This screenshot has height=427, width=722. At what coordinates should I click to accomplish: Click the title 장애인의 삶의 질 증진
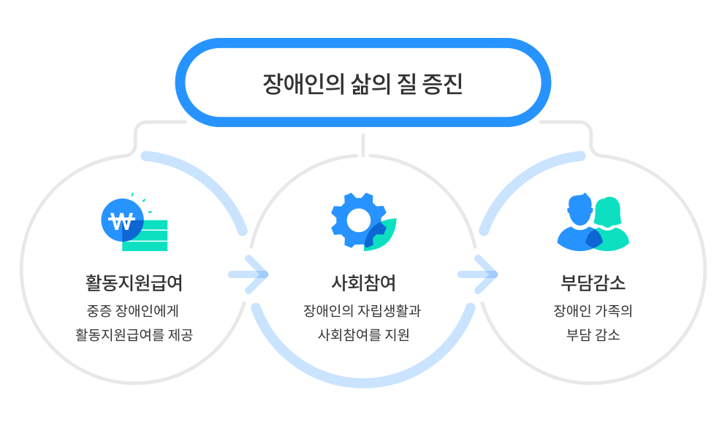point(362,83)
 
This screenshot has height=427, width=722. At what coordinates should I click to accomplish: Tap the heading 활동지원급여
point(134,282)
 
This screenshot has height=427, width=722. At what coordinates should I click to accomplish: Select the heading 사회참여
point(363,282)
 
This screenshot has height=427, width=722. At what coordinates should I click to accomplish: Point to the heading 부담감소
point(593,282)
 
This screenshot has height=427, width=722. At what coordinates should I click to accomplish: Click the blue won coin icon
point(121,220)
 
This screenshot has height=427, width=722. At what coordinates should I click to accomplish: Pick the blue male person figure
point(578,223)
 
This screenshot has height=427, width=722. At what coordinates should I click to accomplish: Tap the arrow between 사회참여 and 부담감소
point(479,274)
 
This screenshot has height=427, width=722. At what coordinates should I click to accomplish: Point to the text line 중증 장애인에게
point(134,311)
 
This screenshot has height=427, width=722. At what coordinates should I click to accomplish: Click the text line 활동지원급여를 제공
point(134,336)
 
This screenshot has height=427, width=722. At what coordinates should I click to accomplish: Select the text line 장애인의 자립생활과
point(362,311)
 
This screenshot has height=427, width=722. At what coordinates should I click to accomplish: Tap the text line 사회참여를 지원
point(363,336)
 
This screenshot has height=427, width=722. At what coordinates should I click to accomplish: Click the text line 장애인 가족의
point(593,311)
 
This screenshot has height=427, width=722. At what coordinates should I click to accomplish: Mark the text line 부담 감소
point(593,336)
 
